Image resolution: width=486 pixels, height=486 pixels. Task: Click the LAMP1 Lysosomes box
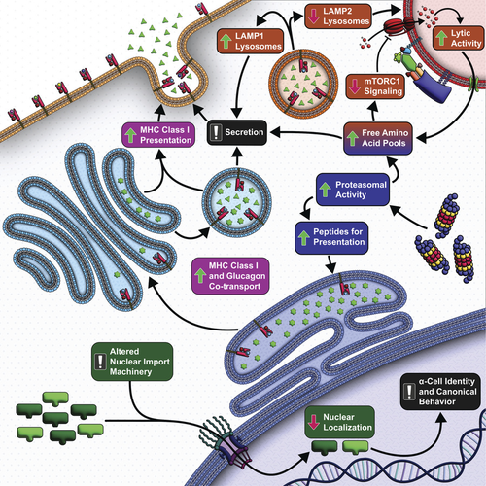(250, 41)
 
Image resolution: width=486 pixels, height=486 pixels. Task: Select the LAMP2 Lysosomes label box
(338, 17)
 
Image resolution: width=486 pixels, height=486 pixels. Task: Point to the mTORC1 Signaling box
(375, 87)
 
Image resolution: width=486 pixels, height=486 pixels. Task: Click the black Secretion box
(237, 132)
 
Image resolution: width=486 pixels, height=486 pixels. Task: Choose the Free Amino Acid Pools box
(378, 138)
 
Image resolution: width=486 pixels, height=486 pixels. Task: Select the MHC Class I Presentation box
(158, 135)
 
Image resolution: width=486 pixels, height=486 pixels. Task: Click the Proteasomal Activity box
(353, 190)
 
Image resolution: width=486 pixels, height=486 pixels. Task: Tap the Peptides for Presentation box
(331, 237)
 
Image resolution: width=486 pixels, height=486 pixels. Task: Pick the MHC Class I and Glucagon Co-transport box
(230, 276)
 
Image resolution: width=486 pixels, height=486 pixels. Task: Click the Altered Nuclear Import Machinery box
(132, 362)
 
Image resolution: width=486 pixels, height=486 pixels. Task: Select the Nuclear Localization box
(339, 422)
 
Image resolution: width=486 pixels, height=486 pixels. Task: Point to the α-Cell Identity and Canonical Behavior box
(440, 392)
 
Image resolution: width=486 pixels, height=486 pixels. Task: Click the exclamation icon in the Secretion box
(216, 132)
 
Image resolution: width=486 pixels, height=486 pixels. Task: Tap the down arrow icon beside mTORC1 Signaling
(355, 87)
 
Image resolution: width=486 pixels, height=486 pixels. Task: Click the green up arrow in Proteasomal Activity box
(325, 190)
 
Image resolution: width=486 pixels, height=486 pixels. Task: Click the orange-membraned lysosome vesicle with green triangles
(303, 85)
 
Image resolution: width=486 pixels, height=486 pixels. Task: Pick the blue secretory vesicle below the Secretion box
(237, 202)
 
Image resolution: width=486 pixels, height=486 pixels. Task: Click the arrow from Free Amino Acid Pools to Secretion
(306, 133)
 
